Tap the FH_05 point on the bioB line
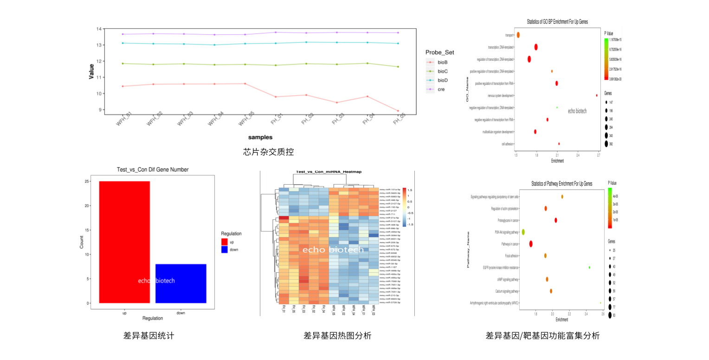tap(398, 111)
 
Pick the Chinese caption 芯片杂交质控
tap(269, 152)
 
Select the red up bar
tap(124, 242)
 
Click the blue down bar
tap(180, 283)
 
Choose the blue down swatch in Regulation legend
tap(225, 250)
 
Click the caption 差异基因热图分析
tap(337, 336)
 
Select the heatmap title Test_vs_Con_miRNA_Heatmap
tap(329, 172)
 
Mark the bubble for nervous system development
tap(597, 95)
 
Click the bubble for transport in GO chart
tap(518, 35)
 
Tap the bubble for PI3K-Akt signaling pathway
tap(523, 231)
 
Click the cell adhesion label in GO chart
tap(507, 144)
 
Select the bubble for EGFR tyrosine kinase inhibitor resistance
tap(589, 267)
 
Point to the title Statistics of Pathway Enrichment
tap(561, 184)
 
